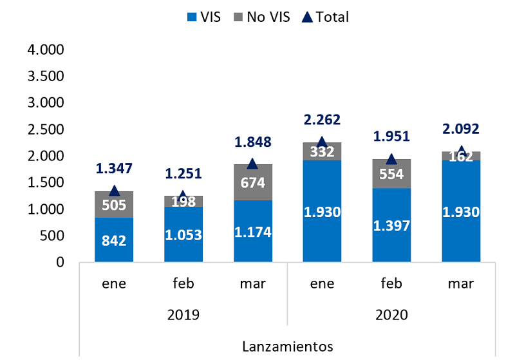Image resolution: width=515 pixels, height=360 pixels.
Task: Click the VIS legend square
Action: (192, 17)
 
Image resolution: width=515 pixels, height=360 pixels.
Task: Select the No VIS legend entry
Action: (262, 17)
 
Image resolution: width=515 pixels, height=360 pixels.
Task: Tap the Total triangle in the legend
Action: (307, 17)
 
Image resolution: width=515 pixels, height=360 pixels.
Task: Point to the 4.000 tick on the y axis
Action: (46, 50)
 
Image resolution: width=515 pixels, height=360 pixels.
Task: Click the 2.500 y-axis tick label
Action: (46, 129)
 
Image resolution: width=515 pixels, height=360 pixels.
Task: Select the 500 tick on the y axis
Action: (52, 236)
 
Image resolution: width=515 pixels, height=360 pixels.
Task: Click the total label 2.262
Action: (322, 120)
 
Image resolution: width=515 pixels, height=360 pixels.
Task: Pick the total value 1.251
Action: (183, 173)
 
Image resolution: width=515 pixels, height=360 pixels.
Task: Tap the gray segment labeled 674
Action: (253, 182)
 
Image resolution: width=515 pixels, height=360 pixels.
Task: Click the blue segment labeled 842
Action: (114, 240)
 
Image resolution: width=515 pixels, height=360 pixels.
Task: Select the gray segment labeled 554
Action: (391, 174)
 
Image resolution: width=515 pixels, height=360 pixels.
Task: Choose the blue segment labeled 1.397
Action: (391, 225)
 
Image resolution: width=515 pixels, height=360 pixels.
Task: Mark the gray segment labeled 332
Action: (322, 151)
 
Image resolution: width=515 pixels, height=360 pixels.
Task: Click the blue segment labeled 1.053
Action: (183, 234)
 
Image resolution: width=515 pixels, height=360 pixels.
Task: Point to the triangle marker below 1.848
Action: (252, 164)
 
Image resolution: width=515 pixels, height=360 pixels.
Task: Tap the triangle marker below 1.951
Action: (391, 159)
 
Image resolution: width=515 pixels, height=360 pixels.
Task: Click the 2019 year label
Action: (183, 315)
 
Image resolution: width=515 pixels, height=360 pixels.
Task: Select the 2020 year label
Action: (391, 315)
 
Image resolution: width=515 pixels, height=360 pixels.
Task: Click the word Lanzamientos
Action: (288, 346)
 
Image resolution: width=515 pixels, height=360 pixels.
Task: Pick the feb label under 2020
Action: (391, 283)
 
